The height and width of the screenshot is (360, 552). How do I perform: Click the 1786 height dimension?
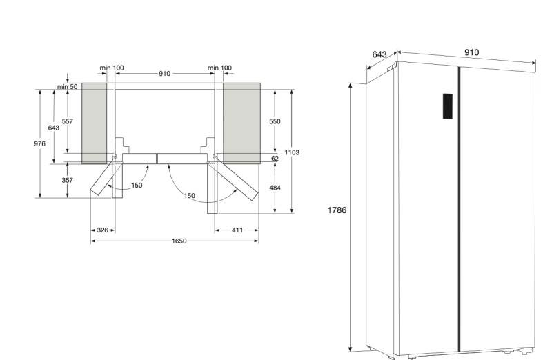click(x=337, y=211)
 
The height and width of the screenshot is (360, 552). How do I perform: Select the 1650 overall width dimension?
click(x=174, y=241)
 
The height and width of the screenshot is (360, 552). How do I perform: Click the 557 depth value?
click(x=67, y=121)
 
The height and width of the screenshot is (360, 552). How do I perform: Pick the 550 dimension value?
click(x=275, y=121)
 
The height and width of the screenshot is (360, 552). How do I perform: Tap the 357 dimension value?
click(x=68, y=180)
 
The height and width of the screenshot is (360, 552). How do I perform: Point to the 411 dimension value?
click(x=236, y=229)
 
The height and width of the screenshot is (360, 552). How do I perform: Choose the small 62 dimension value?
click(x=275, y=158)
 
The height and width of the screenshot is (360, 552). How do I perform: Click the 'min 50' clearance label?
click(x=68, y=86)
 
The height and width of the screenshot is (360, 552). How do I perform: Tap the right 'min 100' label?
click(x=219, y=68)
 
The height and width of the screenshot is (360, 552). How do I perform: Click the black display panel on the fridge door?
click(x=447, y=106)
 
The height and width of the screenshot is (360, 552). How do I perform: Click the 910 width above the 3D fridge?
click(x=472, y=52)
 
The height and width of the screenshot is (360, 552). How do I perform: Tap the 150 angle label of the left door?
click(x=137, y=185)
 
